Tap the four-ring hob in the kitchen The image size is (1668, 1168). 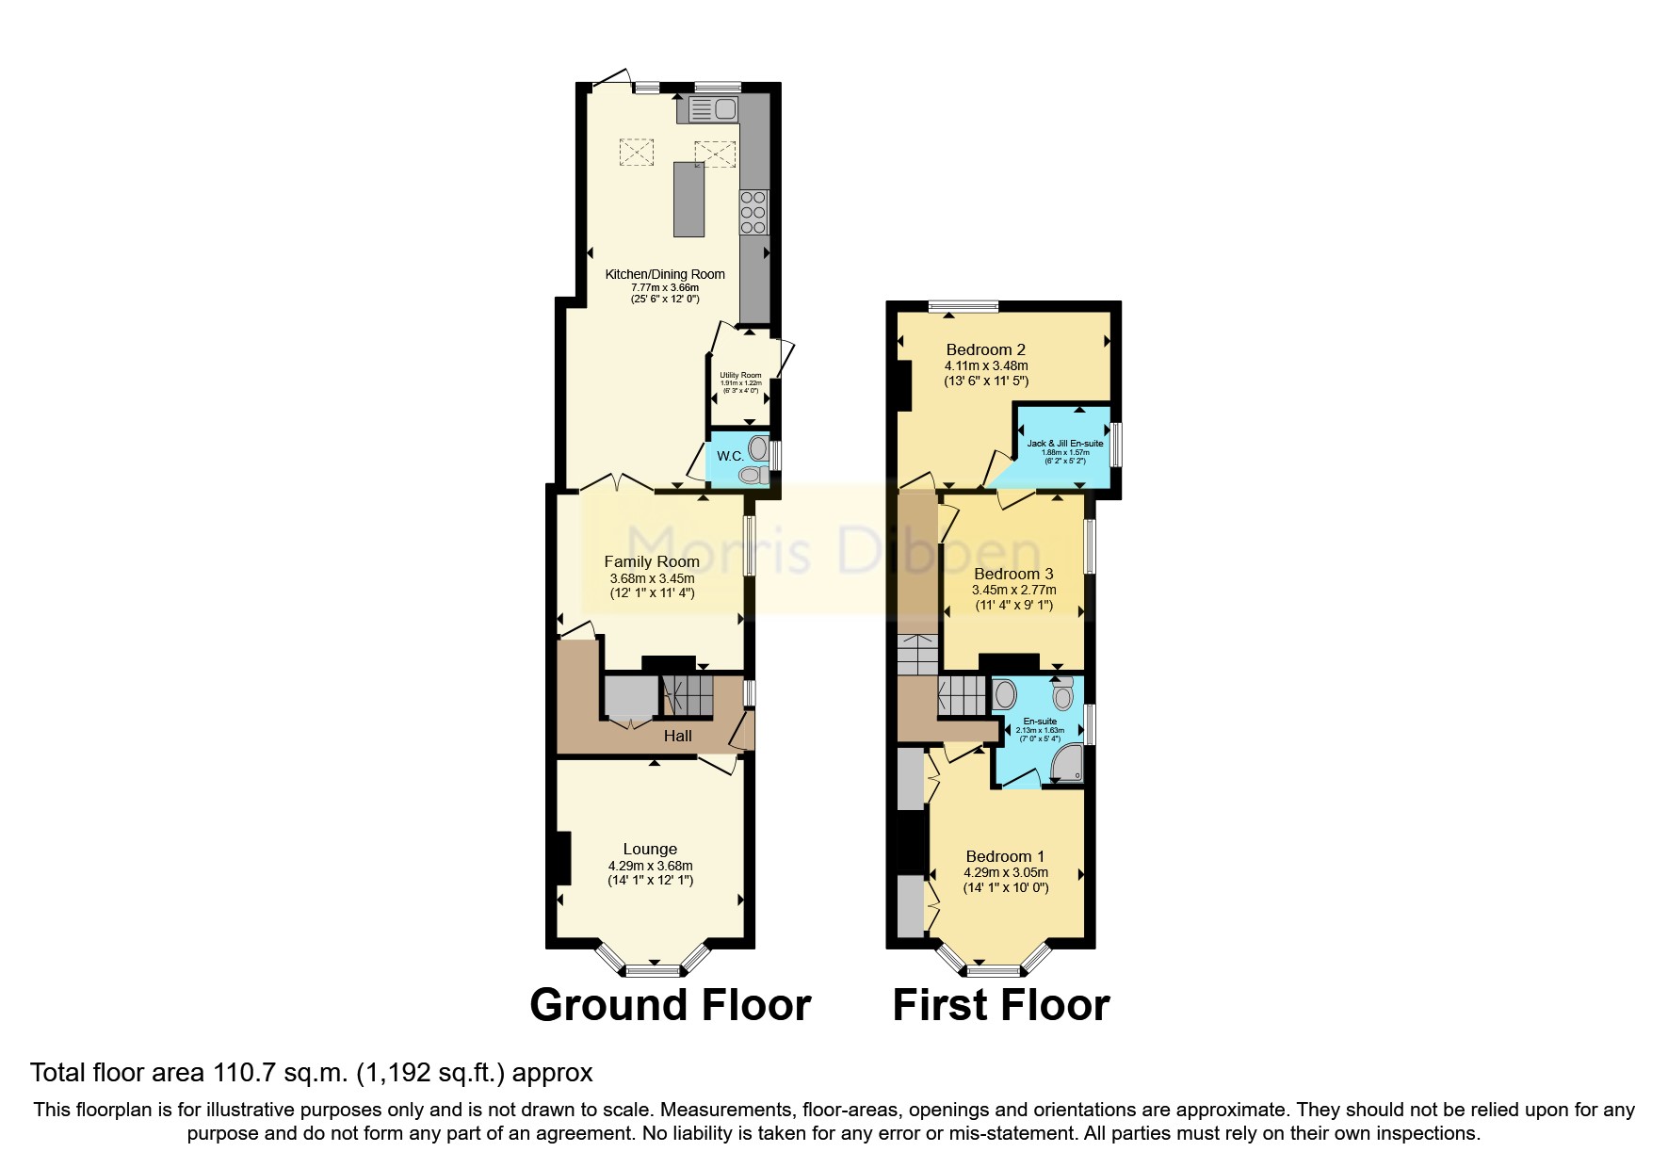click(x=753, y=212)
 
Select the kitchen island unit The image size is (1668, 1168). click(x=688, y=200)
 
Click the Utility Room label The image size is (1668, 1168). click(x=740, y=376)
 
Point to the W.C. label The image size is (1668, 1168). click(x=730, y=456)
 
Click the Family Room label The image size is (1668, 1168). click(x=652, y=561)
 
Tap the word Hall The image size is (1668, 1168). click(x=677, y=737)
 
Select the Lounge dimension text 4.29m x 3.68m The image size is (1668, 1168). click(x=650, y=866)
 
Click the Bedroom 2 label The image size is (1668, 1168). click(x=985, y=349)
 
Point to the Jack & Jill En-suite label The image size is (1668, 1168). click(x=1064, y=444)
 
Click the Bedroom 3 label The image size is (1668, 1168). click(x=1013, y=574)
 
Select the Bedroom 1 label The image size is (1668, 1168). click(x=1005, y=856)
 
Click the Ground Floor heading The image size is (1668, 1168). click(x=670, y=1005)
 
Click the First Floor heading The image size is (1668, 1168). click(x=1000, y=1005)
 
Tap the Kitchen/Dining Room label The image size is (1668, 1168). click(x=665, y=274)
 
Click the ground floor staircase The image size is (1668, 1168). click(x=688, y=696)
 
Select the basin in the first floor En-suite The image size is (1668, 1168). click(x=1005, y=695)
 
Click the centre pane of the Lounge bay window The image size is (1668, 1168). click(x=653, y=970)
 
